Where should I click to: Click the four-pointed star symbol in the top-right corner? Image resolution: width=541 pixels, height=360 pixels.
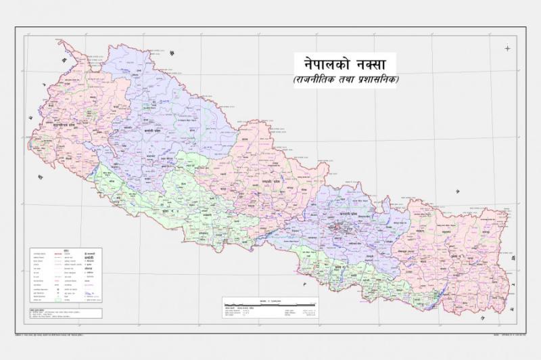[x=508, y=47]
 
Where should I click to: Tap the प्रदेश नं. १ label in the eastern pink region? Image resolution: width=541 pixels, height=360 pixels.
[x=455, y=258]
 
